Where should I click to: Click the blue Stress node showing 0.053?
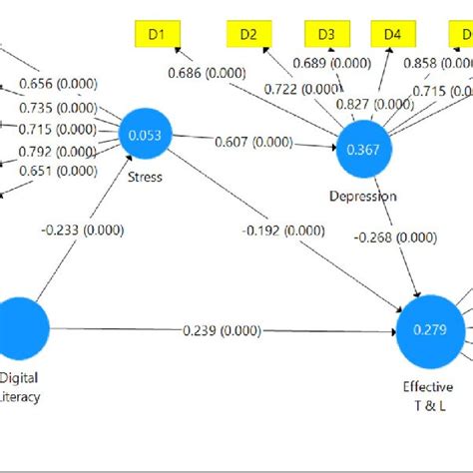pyautogui.click(x=146, y=136)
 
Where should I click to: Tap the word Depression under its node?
pyautogui.click(x=362, y=196)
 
